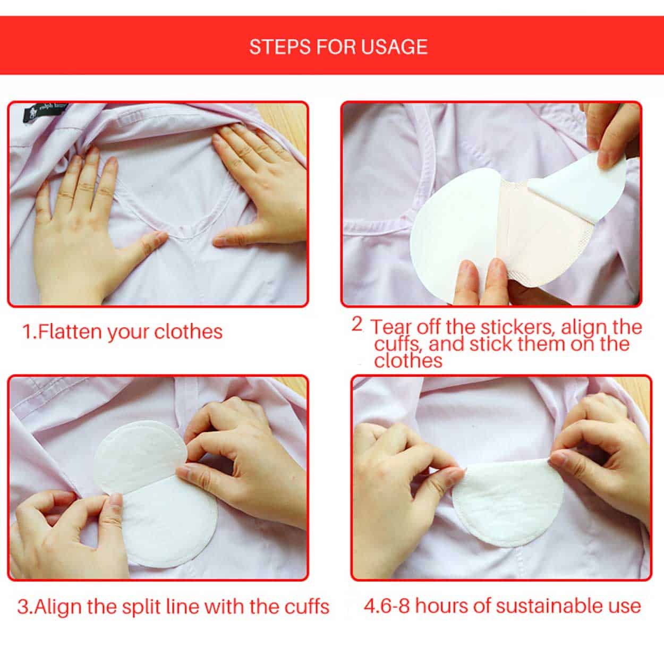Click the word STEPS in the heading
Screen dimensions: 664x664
click(x=279, y=47)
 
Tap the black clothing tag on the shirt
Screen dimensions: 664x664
click(x=45, y=112)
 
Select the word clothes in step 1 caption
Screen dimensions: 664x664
click(x=188, y=331)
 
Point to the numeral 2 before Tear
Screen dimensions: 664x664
click(x=357, y=324)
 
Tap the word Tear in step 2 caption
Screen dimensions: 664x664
click(x=392, y=327)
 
